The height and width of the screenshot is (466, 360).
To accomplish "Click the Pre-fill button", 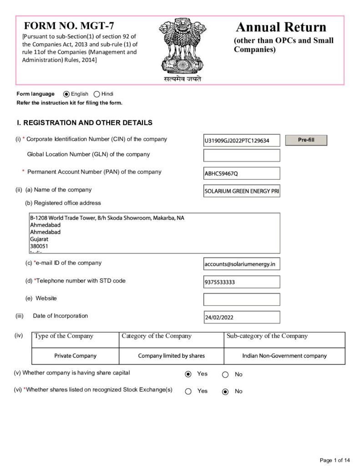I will click(306, 140).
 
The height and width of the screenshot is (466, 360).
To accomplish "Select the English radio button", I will click(66, 94).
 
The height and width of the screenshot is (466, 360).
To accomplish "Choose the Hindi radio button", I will click(96, 94).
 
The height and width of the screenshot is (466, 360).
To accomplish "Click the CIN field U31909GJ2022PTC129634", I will click(242, 141).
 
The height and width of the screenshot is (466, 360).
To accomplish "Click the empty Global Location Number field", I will click(242, 156).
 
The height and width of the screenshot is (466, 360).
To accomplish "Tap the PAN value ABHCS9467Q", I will click(242, 173).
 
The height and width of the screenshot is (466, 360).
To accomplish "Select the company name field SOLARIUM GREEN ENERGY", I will click(242, 191).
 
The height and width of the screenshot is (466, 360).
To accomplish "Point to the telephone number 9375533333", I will click(242, 282).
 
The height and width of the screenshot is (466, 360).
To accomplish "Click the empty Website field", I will click(242, 299).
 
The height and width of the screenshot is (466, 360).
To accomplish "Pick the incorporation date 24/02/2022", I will click(242, 317).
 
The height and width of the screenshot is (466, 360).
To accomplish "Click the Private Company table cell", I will click(76, 356).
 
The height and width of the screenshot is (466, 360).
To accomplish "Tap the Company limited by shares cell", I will click(172, 356).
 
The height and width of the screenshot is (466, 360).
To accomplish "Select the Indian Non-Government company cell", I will click(284, 356).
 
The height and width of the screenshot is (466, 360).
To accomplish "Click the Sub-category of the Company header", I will click(267, 336).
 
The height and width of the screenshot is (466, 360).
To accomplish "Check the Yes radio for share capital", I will click(188, 375).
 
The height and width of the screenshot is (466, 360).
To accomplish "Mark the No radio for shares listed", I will click(225, 392).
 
